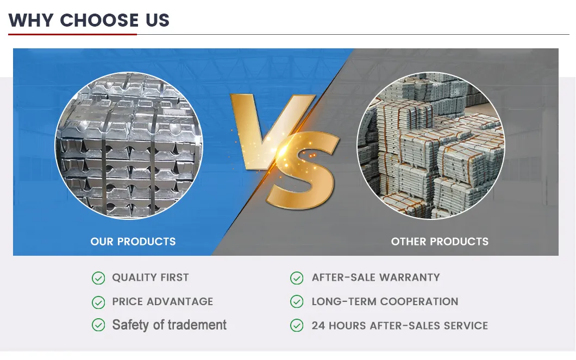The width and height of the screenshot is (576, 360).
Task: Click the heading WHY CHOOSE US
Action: (x=89, y=20)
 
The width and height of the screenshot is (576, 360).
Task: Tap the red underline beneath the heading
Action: (x=72, y=34)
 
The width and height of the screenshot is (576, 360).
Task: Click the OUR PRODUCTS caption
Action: (x=133, y=242)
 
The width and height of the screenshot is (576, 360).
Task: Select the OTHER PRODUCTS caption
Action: (x=440, y=242)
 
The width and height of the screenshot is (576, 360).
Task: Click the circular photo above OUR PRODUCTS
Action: (x=129, y=146)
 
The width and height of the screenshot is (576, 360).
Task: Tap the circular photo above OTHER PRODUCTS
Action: (x=430, y=146)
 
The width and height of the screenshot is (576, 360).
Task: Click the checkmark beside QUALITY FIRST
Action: (x=98, y=278)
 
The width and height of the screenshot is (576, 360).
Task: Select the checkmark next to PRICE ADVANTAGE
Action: (x=98, y=302)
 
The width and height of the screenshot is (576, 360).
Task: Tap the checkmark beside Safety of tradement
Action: (x=98, y=325)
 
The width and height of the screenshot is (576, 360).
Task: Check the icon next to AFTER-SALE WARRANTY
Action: (x=297, y=278)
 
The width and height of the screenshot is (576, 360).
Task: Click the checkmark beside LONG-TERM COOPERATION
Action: (x=297, y=302)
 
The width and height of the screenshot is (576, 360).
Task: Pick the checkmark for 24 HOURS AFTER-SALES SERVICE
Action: (x=297, y=326)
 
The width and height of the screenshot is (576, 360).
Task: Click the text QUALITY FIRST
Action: (x=151, y=277)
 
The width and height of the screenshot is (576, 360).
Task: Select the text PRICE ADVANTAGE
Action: (x=162, y=301)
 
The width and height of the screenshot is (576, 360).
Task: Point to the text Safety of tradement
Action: (x=169, y=325)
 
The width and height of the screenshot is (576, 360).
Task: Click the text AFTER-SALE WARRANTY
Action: (x=375, y=277)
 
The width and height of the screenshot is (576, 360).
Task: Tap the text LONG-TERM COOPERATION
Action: (x=385, y=301)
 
